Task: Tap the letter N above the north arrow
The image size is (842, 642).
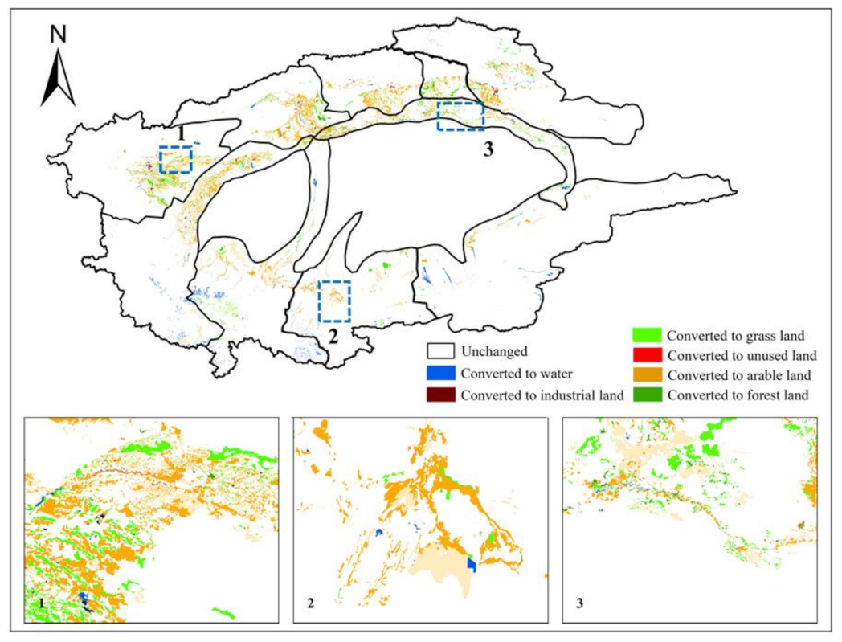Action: (58, 35)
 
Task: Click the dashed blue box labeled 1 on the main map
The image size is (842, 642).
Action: (175, 160)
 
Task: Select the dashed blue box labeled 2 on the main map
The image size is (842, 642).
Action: (334, 301)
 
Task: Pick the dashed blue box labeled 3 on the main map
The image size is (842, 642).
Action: (460, 116)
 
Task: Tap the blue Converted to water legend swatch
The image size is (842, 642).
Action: (440, 373)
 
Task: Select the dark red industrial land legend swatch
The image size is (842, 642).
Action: (440, 395)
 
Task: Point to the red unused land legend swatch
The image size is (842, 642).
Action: (648, 354)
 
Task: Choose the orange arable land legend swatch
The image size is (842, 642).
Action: (648, 374)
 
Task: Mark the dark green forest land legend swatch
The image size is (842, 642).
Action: (648, 395)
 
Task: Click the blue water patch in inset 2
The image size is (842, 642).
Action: (472, 566)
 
